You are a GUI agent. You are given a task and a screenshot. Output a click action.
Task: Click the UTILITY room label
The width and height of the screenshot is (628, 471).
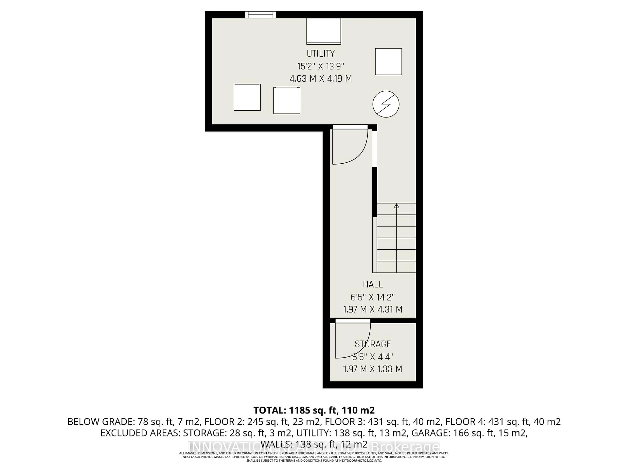point(321,53)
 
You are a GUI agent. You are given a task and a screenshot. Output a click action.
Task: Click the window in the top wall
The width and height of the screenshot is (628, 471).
point(261,15)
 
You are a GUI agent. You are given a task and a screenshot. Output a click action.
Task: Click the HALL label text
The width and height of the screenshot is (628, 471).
point(373,284)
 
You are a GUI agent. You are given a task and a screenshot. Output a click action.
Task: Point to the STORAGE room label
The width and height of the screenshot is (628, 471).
point(373,344)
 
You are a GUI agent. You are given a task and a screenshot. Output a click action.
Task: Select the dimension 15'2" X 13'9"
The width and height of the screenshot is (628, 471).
point(321,66)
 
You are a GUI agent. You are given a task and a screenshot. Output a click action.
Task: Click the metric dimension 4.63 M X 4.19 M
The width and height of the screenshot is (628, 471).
point(321,79)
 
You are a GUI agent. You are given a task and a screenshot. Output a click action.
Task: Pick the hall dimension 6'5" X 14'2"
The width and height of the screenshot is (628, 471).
point(373,297)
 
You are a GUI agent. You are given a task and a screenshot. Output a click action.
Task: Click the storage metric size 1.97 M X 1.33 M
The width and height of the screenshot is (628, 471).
point(373,369)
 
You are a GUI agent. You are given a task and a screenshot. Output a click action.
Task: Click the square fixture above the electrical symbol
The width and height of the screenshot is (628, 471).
point(388,62)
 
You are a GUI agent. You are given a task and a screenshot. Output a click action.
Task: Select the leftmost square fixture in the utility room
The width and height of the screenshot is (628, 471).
point(247,97)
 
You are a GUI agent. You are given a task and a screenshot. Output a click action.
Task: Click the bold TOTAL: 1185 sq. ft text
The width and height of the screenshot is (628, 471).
point(314,410)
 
